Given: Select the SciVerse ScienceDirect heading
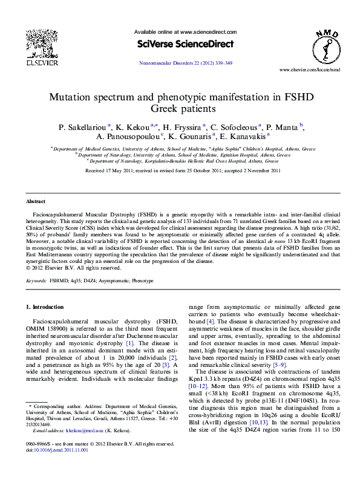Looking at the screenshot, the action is coord(184,44).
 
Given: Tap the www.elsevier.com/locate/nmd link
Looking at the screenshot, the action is coord(310,70).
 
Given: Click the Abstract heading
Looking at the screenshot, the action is coord(35,201).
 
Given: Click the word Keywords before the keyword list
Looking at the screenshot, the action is coord(36,281).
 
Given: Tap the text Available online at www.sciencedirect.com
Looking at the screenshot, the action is coord(185,32).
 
